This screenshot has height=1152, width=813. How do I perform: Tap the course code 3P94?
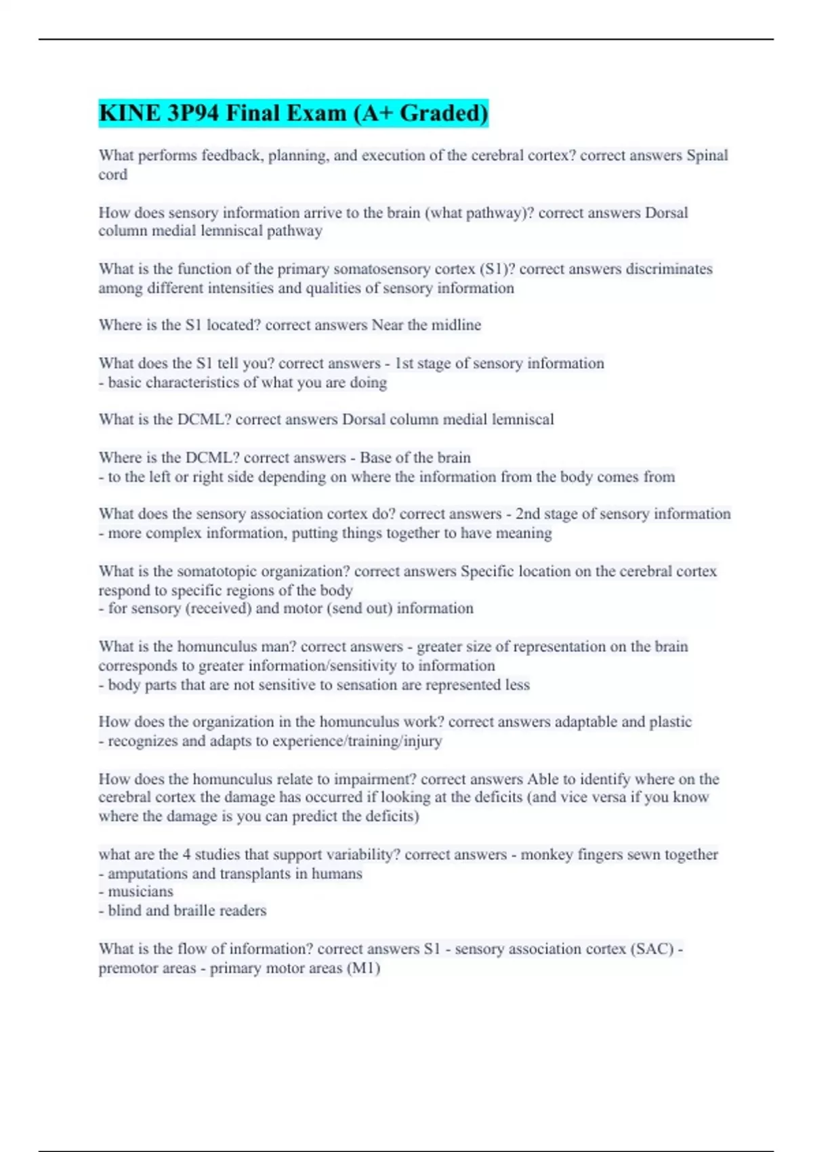coord(194,113)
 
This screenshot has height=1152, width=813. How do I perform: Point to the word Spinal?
coord(707,155)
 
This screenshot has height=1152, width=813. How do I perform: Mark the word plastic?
coord(671,722)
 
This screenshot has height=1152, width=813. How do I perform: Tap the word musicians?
coord(140,892)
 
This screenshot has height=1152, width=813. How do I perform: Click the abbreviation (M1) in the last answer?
coord(363,968)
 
